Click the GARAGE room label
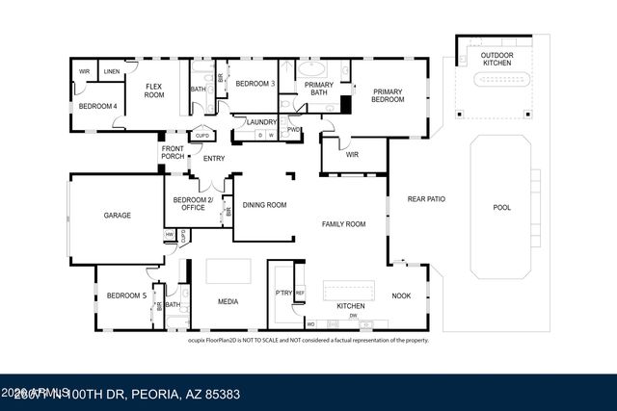[117, 216]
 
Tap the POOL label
[501, 207]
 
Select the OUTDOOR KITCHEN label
[497, 59]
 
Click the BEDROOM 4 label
[96, 106]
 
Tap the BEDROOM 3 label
[255, 84]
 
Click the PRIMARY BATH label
[318, 89]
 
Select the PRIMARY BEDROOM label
[388, 95]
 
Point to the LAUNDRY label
[261, 122]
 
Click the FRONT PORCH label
[173, 152]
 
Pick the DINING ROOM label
[264, 205]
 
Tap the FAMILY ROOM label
[343, 223]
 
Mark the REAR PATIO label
[425, 199]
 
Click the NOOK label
[401, 296]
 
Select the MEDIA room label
[228, 302]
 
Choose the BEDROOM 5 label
[125, 295]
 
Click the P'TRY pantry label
[283, 293]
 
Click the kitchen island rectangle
[350, 291]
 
